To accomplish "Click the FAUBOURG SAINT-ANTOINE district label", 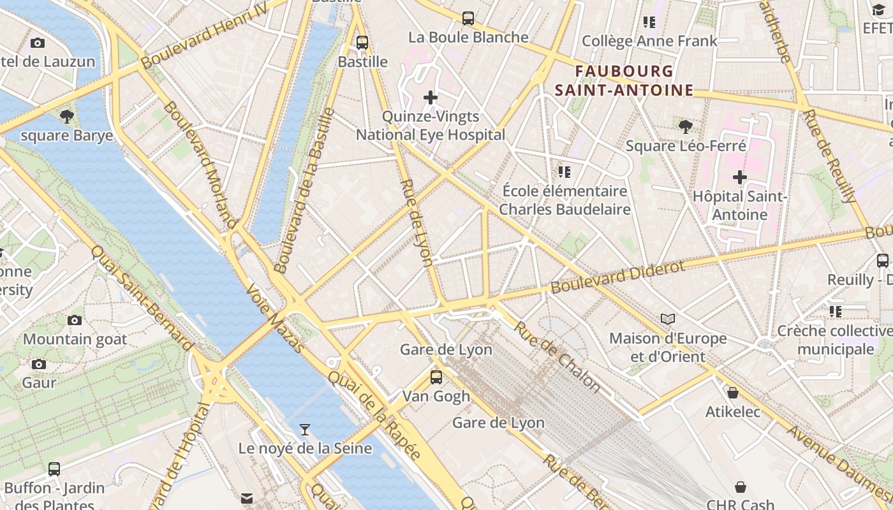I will coord(624,80).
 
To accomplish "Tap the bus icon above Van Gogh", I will coord(436,377).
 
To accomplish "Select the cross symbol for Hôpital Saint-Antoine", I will coord(740,177).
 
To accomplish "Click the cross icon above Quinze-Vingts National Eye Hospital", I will coord(431,98).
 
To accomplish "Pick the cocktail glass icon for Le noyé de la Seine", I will coord(305,429).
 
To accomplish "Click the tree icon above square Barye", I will coord(66,116).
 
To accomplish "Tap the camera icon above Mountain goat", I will coord(75,320).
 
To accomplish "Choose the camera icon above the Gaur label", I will coord(39,364).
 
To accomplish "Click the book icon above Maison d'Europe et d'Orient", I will coord(668,319).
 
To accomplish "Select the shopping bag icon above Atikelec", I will coord(733,393).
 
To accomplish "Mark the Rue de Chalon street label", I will coord(557,356).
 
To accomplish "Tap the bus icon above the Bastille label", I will coord(362,43).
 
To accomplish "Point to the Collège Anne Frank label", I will coord(649,41).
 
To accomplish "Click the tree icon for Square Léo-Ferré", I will coord(686,126).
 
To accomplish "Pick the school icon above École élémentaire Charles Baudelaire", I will coord(565,171).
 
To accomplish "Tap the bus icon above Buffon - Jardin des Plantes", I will coord(54,469).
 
